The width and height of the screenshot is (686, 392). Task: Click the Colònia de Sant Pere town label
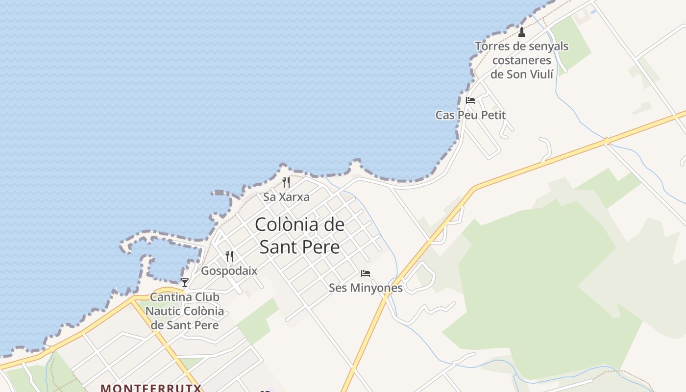click(x=299, y=236)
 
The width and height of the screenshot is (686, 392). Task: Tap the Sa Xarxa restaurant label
click(x=286, y=197)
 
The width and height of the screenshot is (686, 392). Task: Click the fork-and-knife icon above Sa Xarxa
click(x=286, y=182)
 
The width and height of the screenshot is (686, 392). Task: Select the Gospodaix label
click(x=229, y=270)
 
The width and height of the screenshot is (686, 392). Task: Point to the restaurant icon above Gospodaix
click(x=229, y=256)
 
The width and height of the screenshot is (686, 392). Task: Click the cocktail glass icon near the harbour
click(x=185, y=282)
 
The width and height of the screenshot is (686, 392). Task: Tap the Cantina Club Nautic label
click(x=185, y=311)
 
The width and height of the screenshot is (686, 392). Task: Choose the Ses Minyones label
click(x=366, y=288)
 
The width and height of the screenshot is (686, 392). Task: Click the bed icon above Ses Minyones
click(x=366, y=273)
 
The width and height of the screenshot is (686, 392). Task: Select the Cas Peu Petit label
click(x=470, y=115)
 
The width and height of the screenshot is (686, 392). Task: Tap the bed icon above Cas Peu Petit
click(x=470, y=100)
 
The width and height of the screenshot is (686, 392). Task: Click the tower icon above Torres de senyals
click(x=522, y=32)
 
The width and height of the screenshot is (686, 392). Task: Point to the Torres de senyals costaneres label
click(x=522, y=60)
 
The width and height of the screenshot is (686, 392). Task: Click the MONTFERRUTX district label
click(x=151, y=388)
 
